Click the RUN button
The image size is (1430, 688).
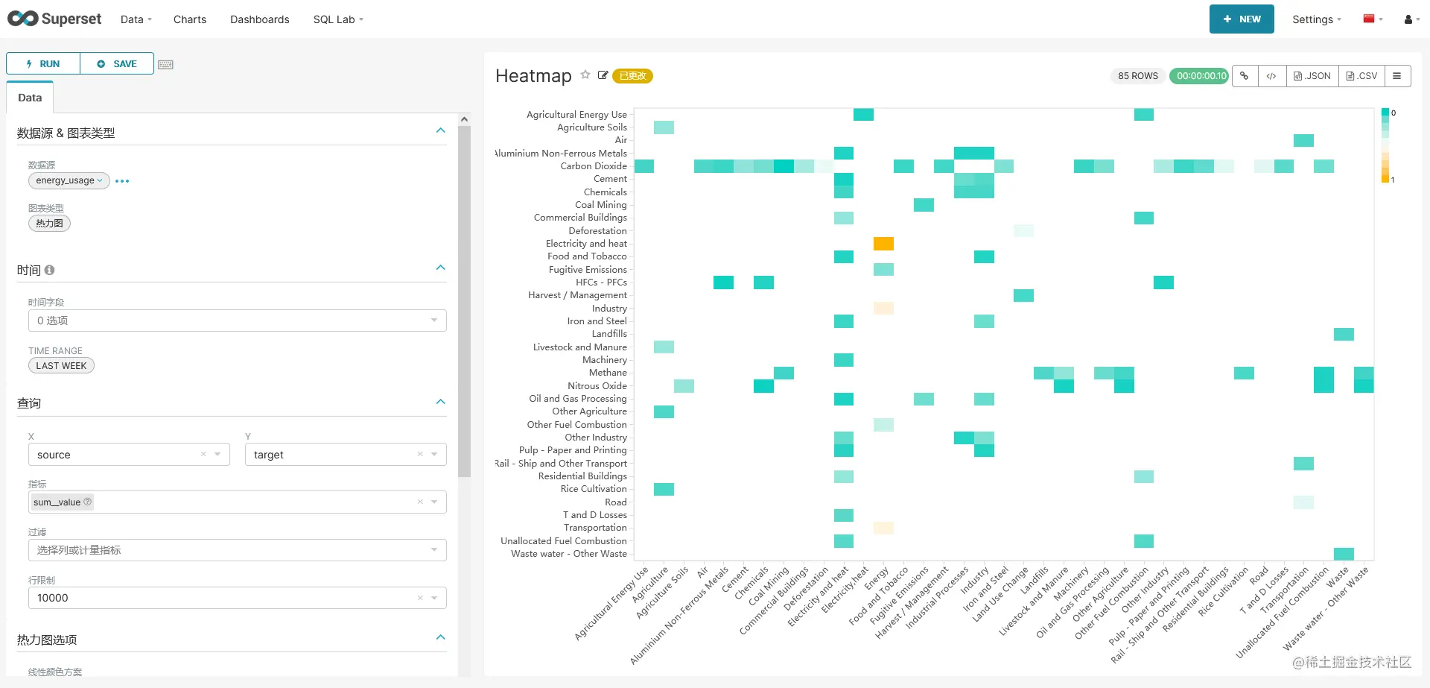click(x=43, y=64)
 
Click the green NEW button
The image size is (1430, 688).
click(x=1242, y=19)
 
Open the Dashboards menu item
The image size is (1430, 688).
click(x=259, y=19)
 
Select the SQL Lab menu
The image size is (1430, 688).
click(x=338, y=19)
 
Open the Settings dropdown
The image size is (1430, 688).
click(x=1316, y=19)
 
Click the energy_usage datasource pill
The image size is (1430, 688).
click(x=69, y=180)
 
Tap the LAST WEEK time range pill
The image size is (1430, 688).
click(x=61, y=366)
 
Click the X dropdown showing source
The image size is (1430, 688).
click(x=129, y=455)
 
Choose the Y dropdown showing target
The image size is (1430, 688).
click(x=346, y=455)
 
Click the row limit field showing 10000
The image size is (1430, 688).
click(x=238, y=598)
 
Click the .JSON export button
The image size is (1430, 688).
click(x=1312, y=76)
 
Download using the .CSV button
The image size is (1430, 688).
click(x=1361, y=76)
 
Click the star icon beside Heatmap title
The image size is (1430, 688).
click(x=585, y=75)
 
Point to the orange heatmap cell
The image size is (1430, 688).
click(x=883, y=244)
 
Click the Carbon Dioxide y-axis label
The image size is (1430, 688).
click(x=594, y=166)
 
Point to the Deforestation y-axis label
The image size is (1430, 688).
click(x=597, y=231)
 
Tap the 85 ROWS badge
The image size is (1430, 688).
click(x=1137, y=76)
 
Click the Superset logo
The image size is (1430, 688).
click(x=54, y=19)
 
